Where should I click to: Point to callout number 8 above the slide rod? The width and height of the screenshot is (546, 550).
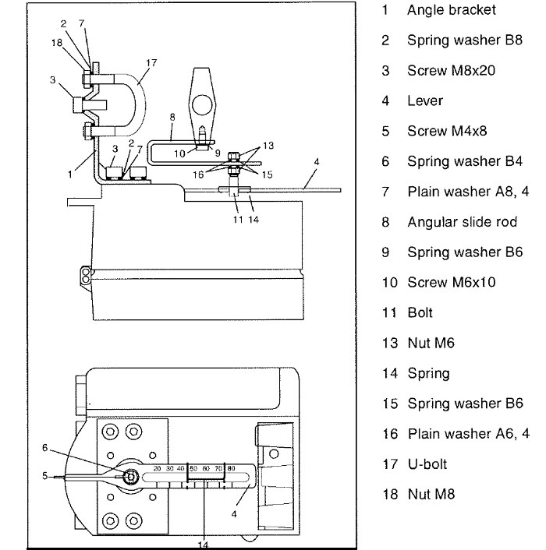(x=172, y=117)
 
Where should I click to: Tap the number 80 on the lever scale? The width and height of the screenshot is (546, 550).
(x=231, y=468)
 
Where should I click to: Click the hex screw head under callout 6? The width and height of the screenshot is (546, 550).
(x=131, y=475)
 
